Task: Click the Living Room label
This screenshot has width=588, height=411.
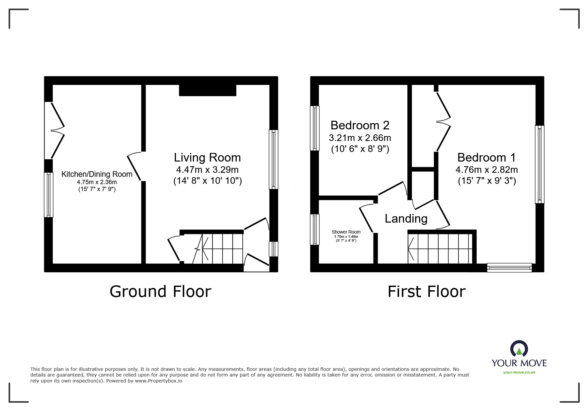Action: [208, 157]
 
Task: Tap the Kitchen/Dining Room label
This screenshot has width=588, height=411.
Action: [97, 174]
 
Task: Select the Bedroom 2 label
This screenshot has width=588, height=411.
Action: [360, 125]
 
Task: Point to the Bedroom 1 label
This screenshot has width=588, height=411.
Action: [486, 157]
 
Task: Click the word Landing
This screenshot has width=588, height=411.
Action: [406, 219]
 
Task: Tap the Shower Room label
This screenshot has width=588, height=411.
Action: [346, 232]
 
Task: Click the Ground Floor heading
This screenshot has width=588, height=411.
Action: [160, 292]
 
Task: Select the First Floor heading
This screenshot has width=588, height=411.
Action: [427, 292]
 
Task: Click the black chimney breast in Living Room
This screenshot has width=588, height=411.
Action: [208, 90]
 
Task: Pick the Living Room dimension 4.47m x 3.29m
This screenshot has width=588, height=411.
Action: [208, 170]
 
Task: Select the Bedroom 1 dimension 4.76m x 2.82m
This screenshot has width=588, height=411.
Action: [486, 170]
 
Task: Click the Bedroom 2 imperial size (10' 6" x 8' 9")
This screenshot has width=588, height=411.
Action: [360, 149]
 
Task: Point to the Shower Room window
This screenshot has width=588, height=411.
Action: [315, 230]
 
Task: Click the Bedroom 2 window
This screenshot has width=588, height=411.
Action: [315, 128]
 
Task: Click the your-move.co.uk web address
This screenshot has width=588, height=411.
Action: [519, 372]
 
